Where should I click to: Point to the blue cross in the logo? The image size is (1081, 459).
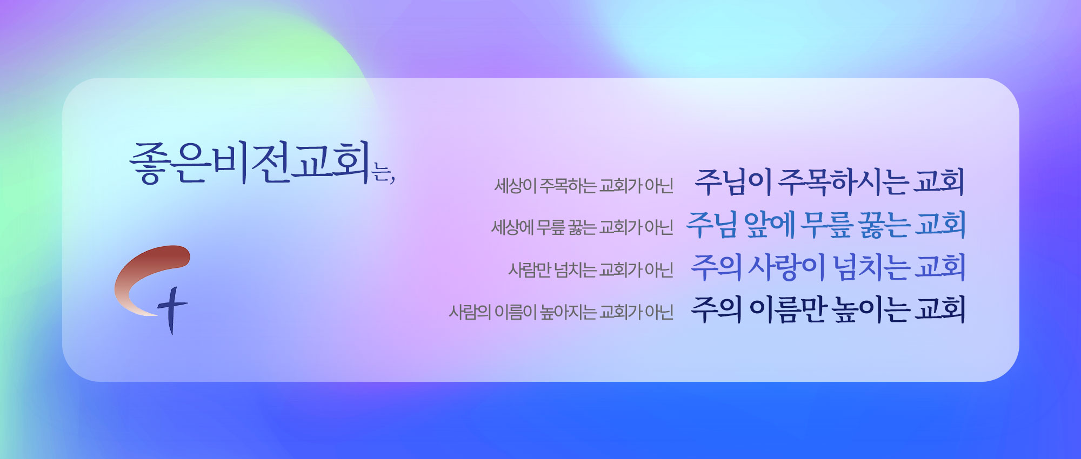click(x=172, y=310)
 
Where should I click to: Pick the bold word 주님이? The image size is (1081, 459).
click(x=733, y=182)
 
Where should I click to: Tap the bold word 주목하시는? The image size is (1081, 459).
click(x=843, y=182)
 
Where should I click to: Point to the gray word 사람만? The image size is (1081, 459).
click(x=530, y=269)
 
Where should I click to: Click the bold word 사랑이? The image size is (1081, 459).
click(x=786, y=267)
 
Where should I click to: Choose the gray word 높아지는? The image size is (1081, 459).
click(x=568, y=312)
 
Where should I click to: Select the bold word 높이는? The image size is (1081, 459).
click(x=871, y=309)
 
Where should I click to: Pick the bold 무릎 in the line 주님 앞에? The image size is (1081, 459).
click(x=826, y=225)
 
